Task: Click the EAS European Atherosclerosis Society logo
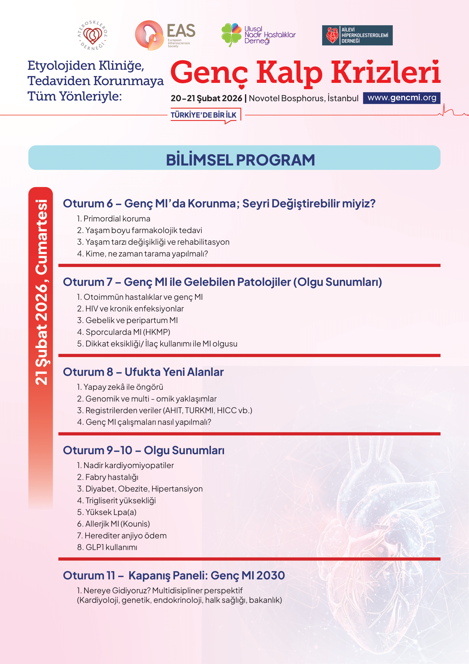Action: (x=165, y=35)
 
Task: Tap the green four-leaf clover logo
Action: (x=231, y=34)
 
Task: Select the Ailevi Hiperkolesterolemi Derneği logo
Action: (x=357, y=35)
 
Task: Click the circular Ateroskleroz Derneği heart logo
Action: (x=92, y=35)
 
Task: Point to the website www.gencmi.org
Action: (x=402, y=98)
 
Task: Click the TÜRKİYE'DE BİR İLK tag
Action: (x=203, y=115)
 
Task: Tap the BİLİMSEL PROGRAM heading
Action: (x=240, y=160)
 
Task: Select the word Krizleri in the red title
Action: (x=385, y=72)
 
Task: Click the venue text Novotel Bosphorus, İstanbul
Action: (x=303, y=98)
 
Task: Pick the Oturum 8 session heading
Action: (x=143, y=372)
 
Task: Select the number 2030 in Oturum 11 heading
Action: (x=270, y=575)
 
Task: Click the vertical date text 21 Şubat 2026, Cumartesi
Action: (x=41, y=292)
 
